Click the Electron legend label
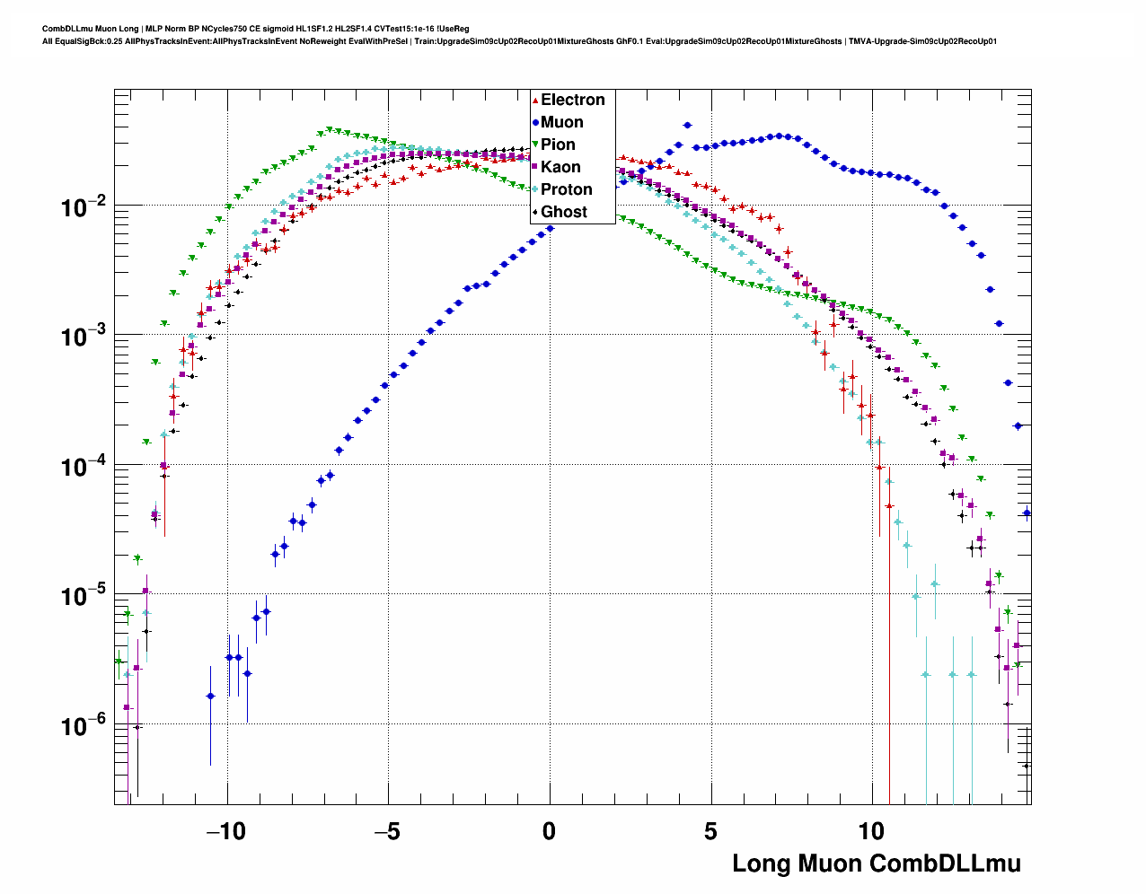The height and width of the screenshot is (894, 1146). coord(572,100)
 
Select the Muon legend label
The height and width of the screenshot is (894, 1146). coord(561,122)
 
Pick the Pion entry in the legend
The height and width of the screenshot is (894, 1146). coord(558,145)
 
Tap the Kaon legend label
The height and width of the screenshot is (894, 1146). coord(560,167)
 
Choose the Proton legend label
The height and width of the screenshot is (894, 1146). coord(566,189)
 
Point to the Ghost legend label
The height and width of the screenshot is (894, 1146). coord(563,212)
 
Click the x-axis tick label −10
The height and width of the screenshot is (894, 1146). coord(225,831)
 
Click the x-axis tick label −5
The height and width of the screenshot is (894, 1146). coord(387,831)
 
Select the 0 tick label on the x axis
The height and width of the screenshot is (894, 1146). coord(549,831)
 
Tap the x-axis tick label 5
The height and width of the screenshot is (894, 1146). coord(710,831)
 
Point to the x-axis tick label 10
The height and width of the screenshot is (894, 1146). coord(871,831)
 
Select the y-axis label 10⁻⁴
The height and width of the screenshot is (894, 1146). coord(84,468)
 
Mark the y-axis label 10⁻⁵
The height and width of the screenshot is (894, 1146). coord(84,597)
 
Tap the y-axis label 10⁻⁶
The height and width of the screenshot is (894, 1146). coord(84,726)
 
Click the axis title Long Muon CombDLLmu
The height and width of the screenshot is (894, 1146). coord(877,863)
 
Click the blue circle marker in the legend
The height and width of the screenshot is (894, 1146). coord(535,122)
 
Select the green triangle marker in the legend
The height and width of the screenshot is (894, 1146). coord(535,145)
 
